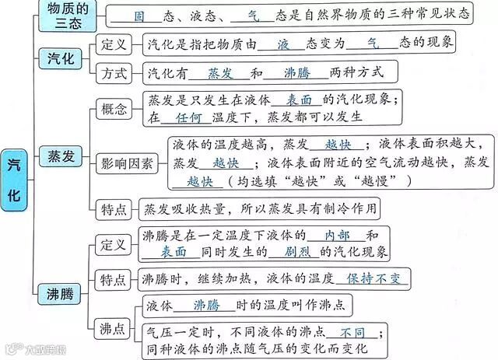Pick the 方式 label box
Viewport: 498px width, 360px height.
[x=114, y=73]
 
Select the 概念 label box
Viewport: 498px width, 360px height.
[x=114, y=109]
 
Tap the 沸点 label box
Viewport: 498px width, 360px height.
[x=114, y=328]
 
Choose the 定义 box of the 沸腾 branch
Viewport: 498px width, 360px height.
[x=114, y=244]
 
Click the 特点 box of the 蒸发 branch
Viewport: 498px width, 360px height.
[x=114, y=208]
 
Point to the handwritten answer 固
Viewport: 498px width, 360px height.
[x=139, y=16]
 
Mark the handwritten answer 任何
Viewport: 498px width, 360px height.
[x=189, y=117]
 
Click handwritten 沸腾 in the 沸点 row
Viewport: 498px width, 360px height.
[x=210, y=304]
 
